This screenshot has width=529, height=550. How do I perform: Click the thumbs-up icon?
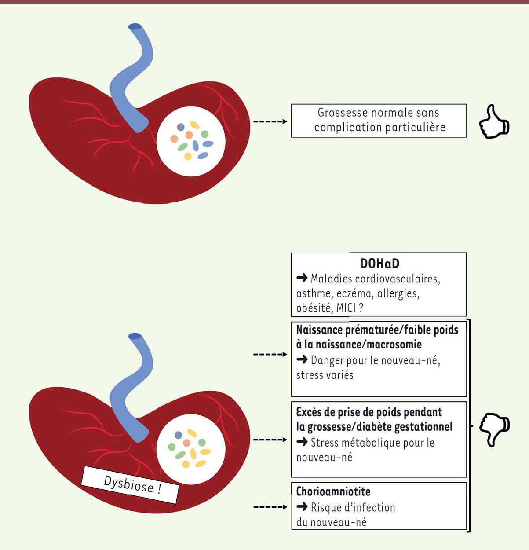[x=494, y=121]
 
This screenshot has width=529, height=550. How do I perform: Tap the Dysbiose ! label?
[x=130, y=485]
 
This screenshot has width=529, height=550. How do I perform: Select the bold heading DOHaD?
[x=379, y=264]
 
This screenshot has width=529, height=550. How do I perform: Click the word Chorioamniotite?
[x=333, y=491]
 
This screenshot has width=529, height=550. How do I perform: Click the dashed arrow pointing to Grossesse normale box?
[x=270, y=121]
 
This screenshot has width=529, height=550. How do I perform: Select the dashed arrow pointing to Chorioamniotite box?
[x=270, y=507]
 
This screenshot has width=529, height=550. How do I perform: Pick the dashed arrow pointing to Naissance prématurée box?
[x=270, y=354]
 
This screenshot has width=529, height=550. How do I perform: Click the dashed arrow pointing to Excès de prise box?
[x=270, y=440]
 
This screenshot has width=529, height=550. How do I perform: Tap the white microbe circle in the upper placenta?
[x=191, y=142]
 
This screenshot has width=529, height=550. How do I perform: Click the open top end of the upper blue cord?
[x=135, y=26]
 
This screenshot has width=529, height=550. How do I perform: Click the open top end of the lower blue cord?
[x=135, y=336]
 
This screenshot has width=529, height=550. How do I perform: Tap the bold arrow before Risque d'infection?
[x=302, y=507]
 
